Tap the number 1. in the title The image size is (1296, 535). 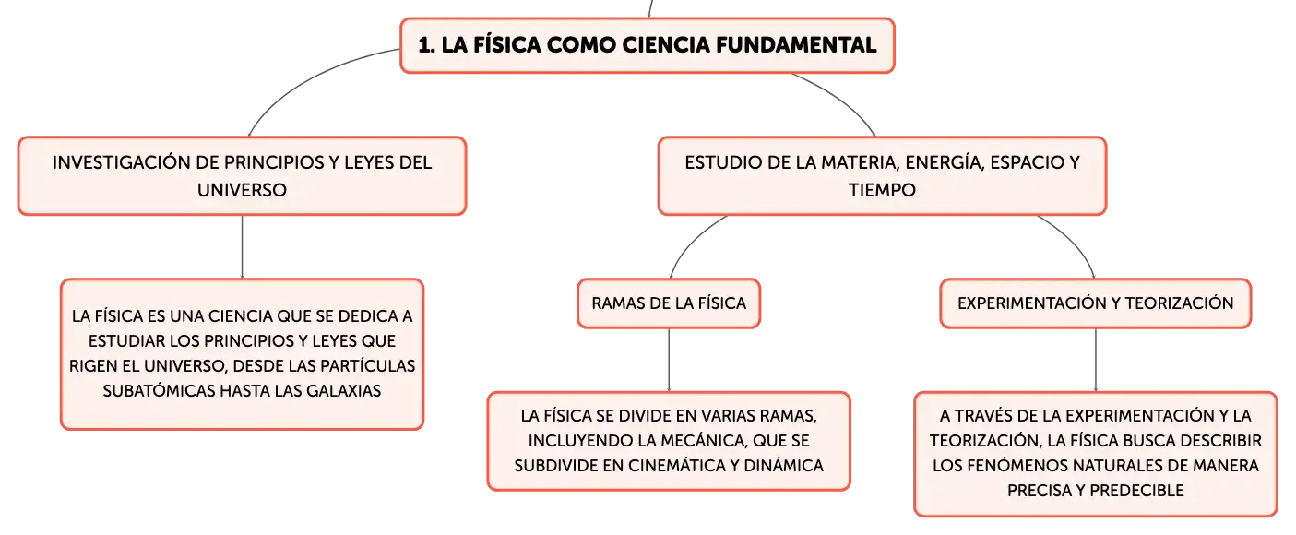(x=426, y=45)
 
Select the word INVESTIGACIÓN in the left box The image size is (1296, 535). (x=121, y=162)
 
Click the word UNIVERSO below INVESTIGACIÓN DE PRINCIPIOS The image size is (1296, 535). (x=242, y=190)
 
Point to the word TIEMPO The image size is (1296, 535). (x=882, y=190)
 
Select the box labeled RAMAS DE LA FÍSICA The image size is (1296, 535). (x=669, y=303)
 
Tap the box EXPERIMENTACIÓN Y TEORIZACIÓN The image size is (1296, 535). (x=1095, y=303)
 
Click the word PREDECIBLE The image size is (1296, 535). (x=1136, y=491)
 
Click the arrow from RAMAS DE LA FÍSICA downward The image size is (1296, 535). (x=669, y=360)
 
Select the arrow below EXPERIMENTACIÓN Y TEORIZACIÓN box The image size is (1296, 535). (x=1095, y=360)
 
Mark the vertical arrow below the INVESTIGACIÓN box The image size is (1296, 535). (x=242, y=247)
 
